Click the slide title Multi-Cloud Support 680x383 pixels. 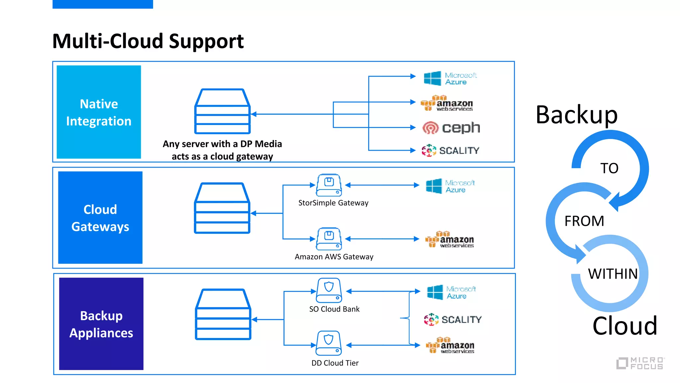148,41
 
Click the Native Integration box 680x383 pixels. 99,112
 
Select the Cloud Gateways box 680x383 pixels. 100,218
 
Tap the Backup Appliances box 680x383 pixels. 101,324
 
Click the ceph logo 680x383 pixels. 451,128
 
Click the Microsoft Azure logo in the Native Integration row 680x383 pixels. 450,78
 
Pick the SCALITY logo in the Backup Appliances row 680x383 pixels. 453,319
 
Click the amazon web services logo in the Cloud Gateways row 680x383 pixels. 450,240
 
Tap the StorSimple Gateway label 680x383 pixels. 333,203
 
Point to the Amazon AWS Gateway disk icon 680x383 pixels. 329,239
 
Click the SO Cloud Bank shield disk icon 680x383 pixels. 329,290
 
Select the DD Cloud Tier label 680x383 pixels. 335,363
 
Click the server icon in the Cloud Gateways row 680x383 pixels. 222,208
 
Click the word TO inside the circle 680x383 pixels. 609,168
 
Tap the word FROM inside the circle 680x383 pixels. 584,221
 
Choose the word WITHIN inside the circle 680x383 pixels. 613,274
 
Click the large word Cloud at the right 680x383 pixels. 625,326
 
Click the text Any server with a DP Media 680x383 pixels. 222,144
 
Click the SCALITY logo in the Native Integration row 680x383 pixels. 450,151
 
